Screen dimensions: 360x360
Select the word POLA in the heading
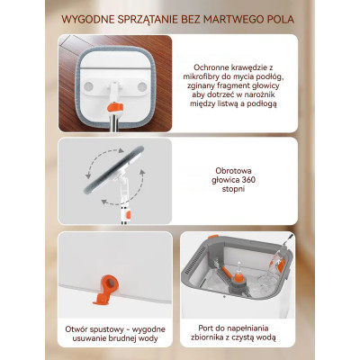(281, 20)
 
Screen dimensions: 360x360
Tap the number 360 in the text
(249, 180)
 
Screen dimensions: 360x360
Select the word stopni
(233, 189)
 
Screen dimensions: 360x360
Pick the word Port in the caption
(206, 328)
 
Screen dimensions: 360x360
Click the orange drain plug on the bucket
(105, 290)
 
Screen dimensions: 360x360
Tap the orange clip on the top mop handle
(116, 108)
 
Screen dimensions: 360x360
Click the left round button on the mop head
(88, 87)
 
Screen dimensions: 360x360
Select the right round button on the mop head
(142, 87)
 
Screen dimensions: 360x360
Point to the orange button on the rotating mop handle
(129, 215)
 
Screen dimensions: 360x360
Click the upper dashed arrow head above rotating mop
(121, 151)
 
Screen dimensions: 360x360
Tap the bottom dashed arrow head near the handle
(104, 202)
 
